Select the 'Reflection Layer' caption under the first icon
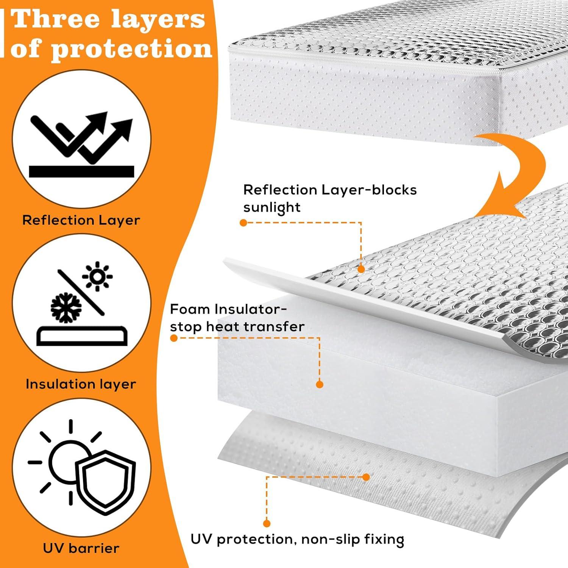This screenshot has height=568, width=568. click(81, 220)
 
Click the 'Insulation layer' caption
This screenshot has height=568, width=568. click(81, 384)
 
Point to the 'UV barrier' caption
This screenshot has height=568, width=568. click(81, 548)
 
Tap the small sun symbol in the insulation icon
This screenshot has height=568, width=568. click(97, 277)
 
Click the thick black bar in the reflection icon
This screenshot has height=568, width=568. click(81, 172)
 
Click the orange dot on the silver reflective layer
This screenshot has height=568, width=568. click(361, 269)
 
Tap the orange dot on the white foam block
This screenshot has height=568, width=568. click(320, 384)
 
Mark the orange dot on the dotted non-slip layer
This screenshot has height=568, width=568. click(366, 477)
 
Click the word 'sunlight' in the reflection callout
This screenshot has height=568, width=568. click(272, 208)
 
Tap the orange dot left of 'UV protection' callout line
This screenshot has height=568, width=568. click(267, 524)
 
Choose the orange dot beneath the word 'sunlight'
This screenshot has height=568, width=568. click(243, 223)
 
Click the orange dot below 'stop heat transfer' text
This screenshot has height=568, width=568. click(174, 338)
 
